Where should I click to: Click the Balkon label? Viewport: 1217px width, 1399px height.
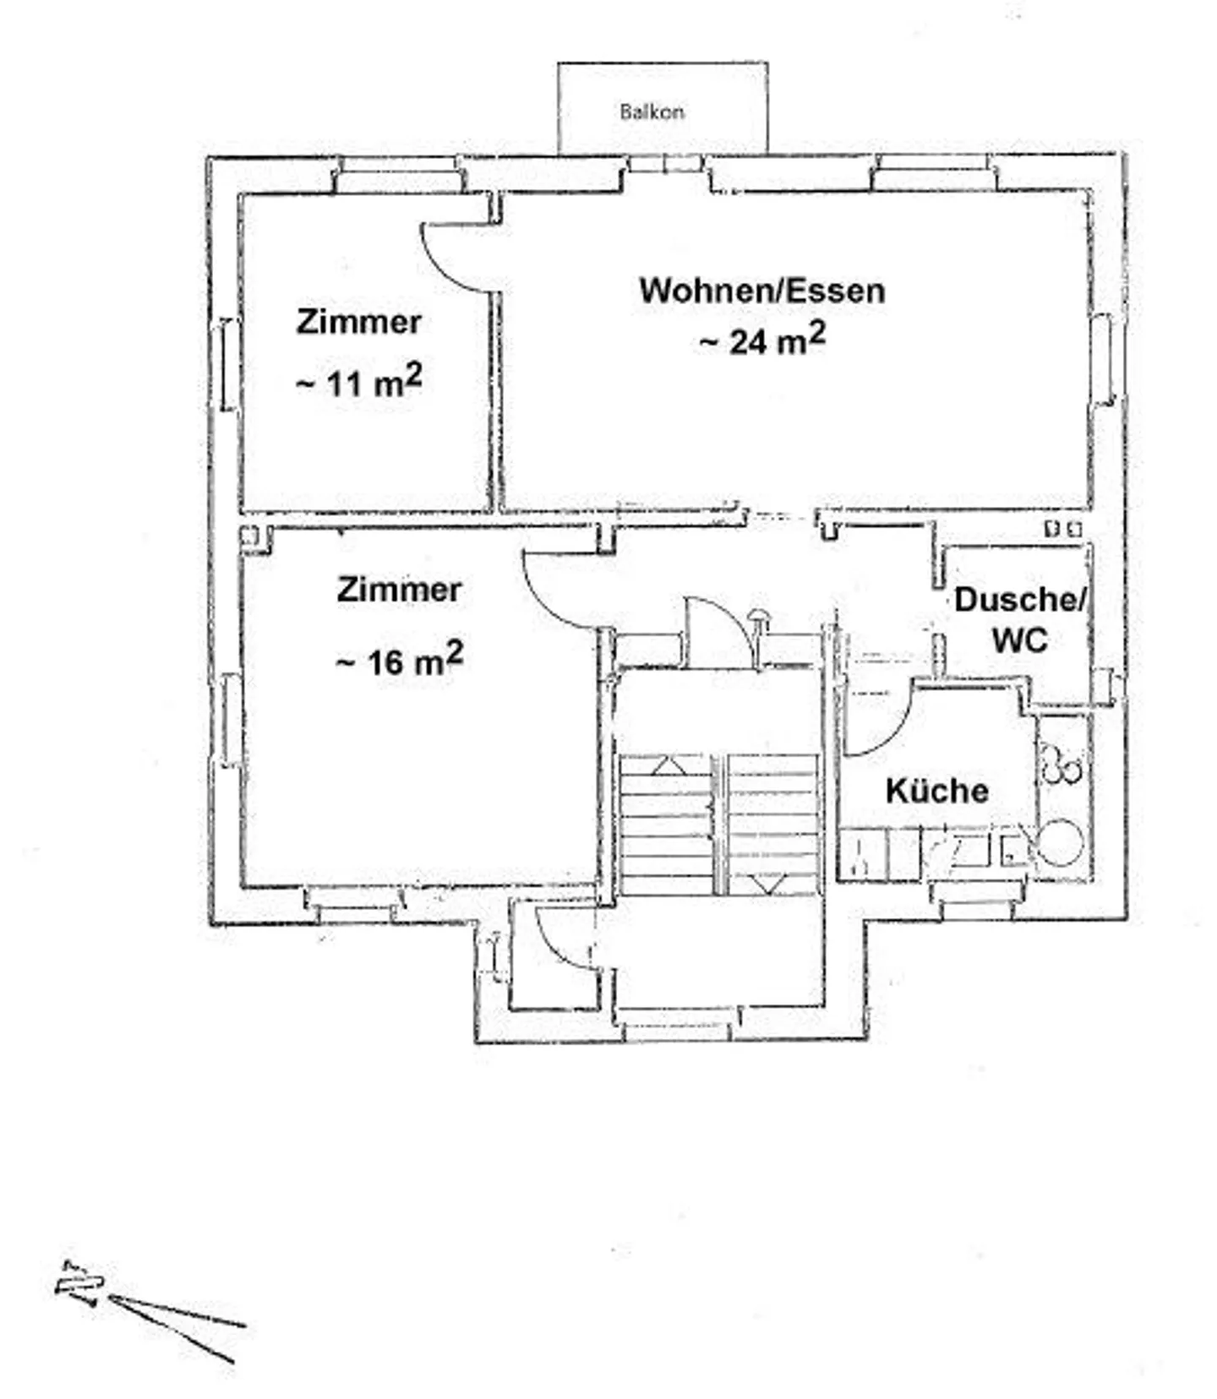click(652, 112)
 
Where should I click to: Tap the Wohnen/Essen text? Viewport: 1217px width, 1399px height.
click(762, 290)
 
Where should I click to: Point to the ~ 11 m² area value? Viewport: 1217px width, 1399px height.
click(358, 382)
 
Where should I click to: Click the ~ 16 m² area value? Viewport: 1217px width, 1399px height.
click(399, 660)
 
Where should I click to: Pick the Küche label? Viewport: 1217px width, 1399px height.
click(937, 791)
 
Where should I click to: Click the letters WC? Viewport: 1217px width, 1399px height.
click(1019, 640)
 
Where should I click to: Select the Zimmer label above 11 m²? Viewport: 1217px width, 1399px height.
click(358, 322)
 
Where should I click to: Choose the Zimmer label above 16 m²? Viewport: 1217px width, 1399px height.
click(399, 590)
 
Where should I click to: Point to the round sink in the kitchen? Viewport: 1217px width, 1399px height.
click(1059, 843)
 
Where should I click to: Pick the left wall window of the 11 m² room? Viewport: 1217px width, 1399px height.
click(226, 364)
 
